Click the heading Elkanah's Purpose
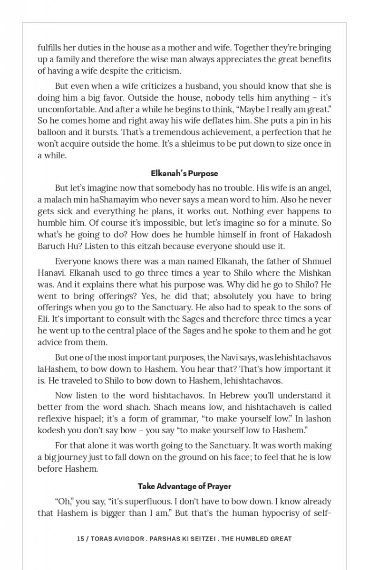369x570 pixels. coord(184,173)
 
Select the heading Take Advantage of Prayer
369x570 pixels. coord(184,486)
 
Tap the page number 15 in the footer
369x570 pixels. coord(80,539)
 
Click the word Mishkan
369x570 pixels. coord(315,273)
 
